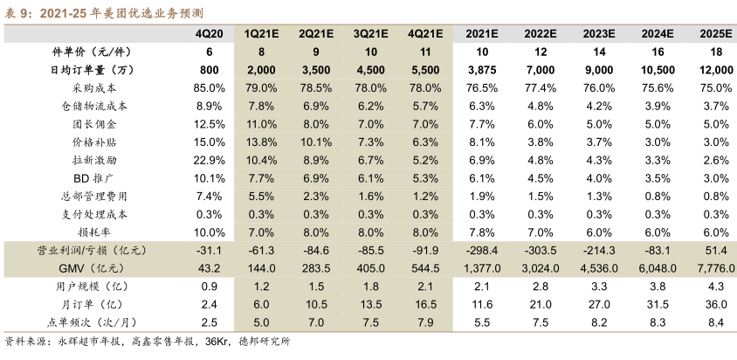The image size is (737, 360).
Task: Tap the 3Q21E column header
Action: [372, 33]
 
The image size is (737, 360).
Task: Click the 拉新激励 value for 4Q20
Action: [210, 160]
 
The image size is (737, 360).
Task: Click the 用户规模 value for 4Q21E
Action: [424, 286]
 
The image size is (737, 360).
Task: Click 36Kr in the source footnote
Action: [219, 343]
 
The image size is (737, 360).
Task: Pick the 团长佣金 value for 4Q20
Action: [210, 124]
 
